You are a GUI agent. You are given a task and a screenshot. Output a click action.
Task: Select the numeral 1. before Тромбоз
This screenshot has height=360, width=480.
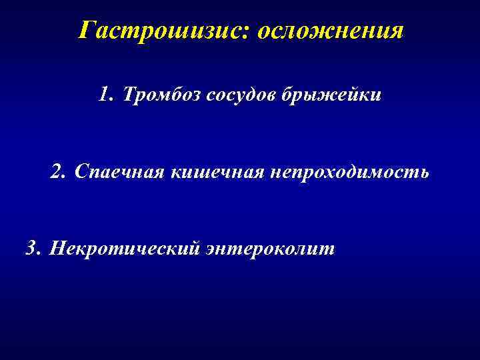tap(105, 95)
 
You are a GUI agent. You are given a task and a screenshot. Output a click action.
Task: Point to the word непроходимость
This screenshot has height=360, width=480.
tap(350, 172)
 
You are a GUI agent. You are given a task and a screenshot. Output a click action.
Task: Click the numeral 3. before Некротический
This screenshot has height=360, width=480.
tap(33, 249)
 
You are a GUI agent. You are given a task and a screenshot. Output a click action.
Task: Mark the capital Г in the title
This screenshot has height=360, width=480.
tap(85, 30)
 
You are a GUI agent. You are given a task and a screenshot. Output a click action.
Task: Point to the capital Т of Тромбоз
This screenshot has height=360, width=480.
tap(129, 95)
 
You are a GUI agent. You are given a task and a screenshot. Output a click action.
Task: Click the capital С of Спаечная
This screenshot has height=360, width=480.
tap(81, 172)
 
